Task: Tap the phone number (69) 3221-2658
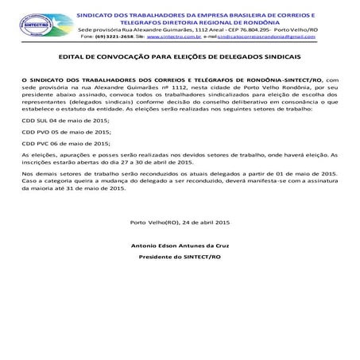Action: coord(117,37)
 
